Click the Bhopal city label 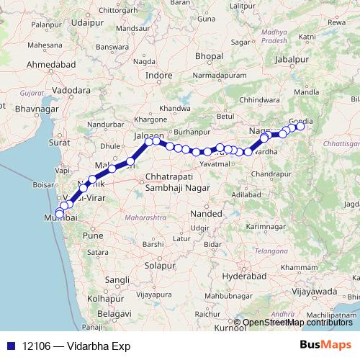click(x=210, y=55)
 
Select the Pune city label click(x=94, y=235)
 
